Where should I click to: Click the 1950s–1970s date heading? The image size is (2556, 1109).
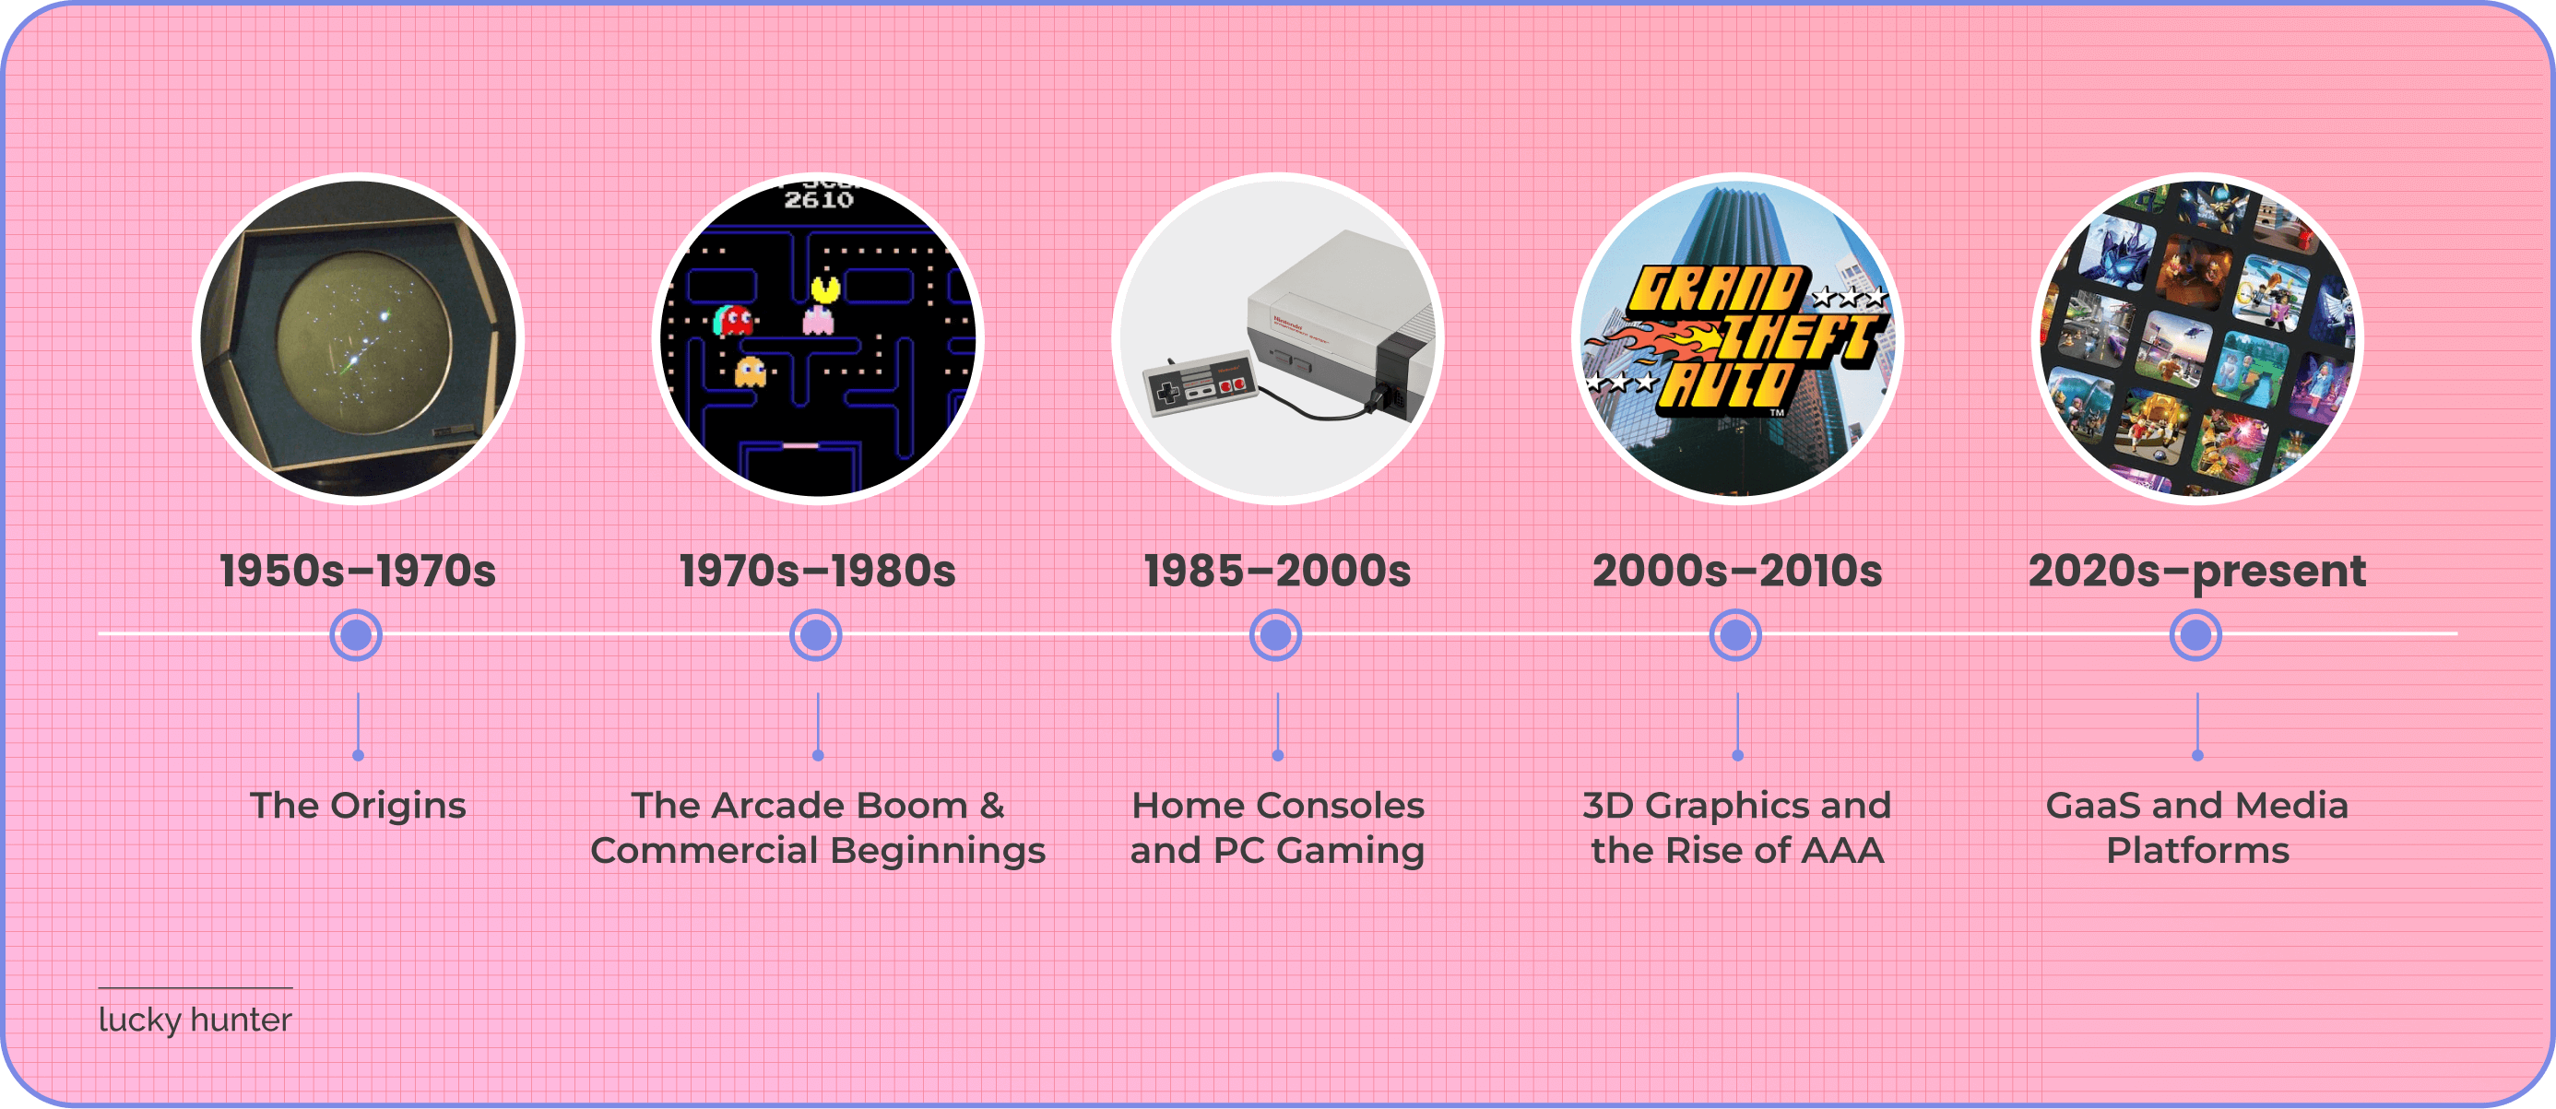pyautogui.click(x=357, y=572)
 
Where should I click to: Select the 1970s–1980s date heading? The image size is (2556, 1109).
pyautogui.click(x=818, y=572)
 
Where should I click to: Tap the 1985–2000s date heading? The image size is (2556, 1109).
pyautogui.click(x=1277, y=572)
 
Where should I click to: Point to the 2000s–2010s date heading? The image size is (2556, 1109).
pyautogui.click(x=1736, y=572)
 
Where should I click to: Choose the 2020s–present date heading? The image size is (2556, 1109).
pyautogui.click(x=2196, y=572)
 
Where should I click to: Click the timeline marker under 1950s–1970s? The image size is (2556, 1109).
pyautogui.click(x=356, y=635)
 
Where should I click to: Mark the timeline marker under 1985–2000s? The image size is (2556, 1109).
pyautogui.click(x=1275, y=635)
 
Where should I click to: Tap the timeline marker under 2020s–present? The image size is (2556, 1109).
pyautogui.click(x=2195, y=635)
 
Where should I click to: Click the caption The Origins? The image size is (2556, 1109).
pyautogui.click(x=357, y=806)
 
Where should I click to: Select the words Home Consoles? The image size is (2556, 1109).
pyautogui.click(x=1277, y=806)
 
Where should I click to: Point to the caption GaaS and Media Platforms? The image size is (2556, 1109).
pyautogui.click(x=2196, y=827)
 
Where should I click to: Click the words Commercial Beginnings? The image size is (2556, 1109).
pyautogui.click(x=818, y=851)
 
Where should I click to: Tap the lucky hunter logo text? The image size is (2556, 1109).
pyautogui.click(x=195, y=1020)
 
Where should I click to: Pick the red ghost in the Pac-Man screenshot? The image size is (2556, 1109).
pyautogui.click(x=733, y=319)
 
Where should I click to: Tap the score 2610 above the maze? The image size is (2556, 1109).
pyautogui.click(x=819, y=200)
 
